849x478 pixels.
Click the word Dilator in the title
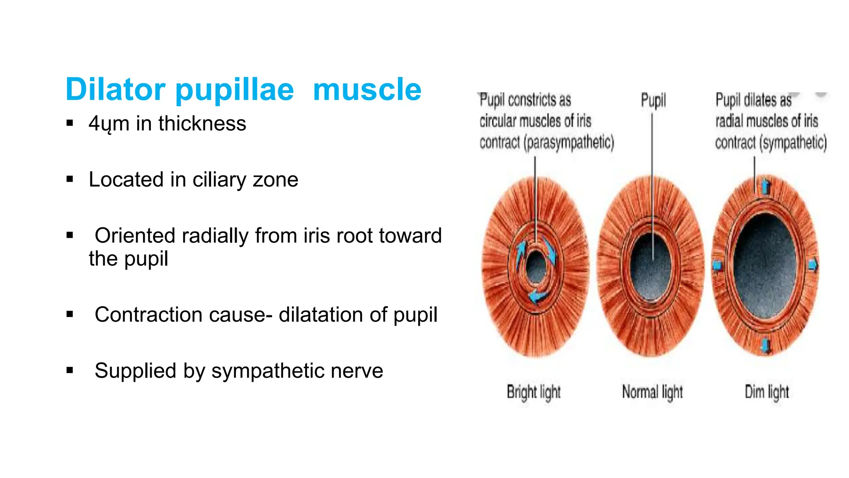tap(115, 89)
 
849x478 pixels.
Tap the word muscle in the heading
tap(367, 89)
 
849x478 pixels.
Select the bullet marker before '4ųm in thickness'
tap(70, 123)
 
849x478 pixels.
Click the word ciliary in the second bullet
tap(219, 180)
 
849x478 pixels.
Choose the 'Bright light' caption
tap(534, 392)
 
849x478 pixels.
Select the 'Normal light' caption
tap(652, 392)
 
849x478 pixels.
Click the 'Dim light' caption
tap(767, 392)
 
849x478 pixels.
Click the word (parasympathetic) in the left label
tap(568, 142)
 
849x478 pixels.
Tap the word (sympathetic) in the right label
tap(793, 142)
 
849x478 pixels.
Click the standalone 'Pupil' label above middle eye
tap(653, 100)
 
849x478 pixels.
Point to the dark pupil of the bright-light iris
tap(536, 266)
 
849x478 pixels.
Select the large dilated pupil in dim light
tap(765, 266)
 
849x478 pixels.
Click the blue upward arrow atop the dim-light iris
tap(766, 186)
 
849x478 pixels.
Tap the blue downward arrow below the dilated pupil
tap(766, 345)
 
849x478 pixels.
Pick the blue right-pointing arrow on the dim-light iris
tap(813, 265)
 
